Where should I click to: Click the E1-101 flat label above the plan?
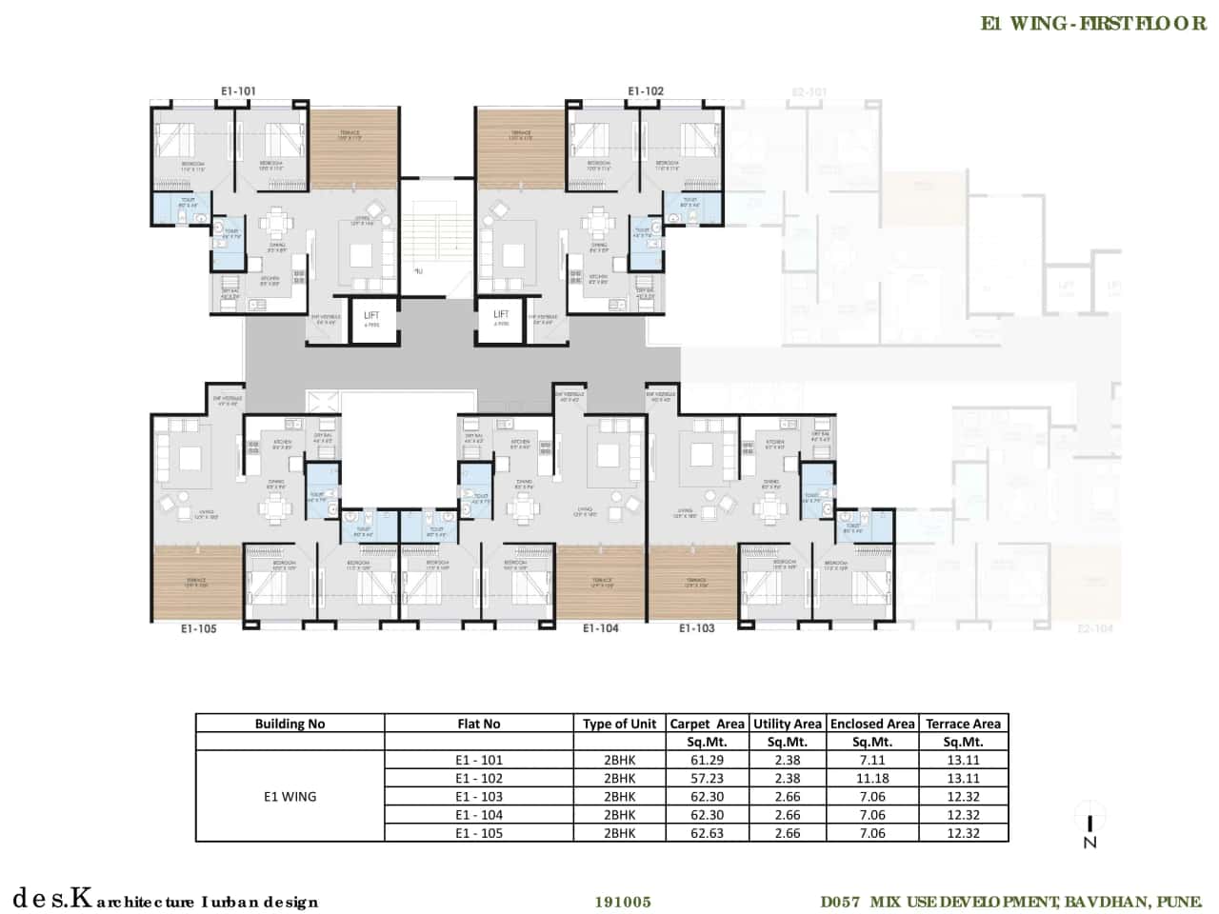pos(238,91)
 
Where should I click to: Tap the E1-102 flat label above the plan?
pos(646,91)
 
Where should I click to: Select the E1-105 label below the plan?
pos(198,628)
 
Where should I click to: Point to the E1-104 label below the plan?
pos(601,628)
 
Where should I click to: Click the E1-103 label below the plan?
pos(696,628)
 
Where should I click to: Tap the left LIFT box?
pos(371,318)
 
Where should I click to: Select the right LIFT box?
pos(501,317)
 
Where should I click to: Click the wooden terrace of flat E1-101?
pos(353,148)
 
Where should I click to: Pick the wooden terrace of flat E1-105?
pos(196,582)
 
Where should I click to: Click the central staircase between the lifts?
pos(436,233)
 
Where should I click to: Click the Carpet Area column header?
pos(707,724)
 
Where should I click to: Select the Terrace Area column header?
pos(963,724)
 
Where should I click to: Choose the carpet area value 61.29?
pos(707,760)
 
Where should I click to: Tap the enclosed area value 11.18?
pos(871,778)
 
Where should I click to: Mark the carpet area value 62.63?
pos(707,833)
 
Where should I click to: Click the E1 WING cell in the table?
pos(290,796)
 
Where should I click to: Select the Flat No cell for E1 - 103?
pos(478,797)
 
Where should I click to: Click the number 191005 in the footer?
pos(623,902)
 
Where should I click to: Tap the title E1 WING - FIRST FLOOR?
pos(1093,24)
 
